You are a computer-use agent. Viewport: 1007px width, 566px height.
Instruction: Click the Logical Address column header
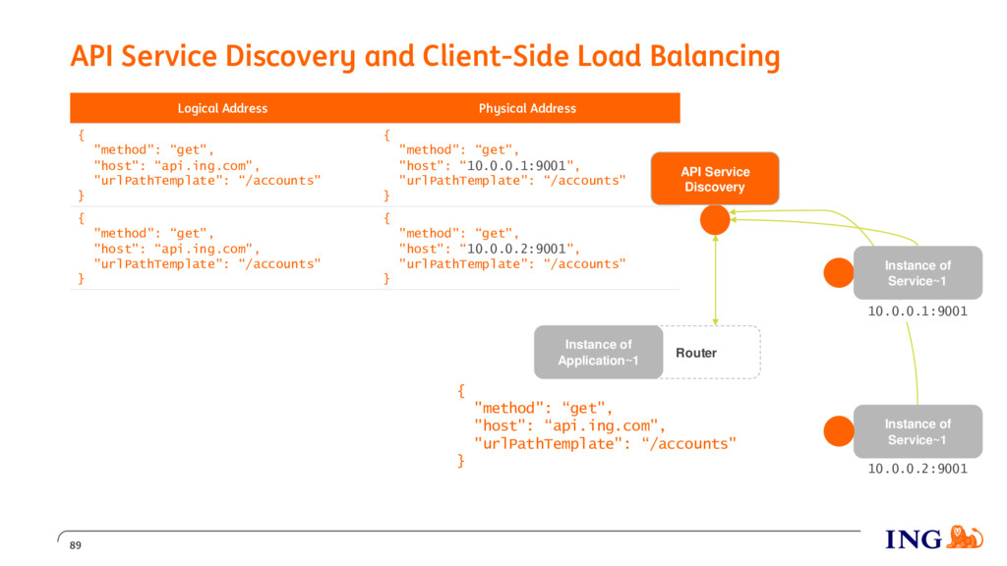point(222,108)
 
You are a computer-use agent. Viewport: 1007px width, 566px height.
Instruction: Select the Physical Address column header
point(527,108)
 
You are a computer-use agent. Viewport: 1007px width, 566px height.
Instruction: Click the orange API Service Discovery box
point(715,179)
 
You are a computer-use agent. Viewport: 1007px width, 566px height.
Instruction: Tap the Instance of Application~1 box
point(598,353)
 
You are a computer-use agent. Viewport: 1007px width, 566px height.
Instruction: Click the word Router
point(696,353)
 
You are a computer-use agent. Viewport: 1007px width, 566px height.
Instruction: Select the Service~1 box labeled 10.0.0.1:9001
point(918,273)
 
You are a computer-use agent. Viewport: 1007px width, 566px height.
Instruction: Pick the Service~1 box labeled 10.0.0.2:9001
point(918,431)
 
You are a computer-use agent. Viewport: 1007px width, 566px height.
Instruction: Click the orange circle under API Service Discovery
point(715,220)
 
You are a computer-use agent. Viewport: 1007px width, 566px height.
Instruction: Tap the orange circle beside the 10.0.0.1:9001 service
point(839,273)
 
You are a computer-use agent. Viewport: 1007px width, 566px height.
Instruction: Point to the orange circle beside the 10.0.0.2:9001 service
point(839,431)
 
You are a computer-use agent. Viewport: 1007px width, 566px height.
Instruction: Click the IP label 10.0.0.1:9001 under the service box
point(918,311)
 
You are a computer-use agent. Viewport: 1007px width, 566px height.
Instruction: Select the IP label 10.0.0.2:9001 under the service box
point(918,469)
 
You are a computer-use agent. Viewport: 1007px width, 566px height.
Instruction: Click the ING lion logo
point(966,538)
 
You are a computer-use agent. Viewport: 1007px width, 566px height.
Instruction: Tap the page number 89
point(75,545)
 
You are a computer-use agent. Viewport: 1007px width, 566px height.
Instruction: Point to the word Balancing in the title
point(715,56)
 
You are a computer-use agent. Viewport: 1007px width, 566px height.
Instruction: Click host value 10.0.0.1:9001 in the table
point(517,165)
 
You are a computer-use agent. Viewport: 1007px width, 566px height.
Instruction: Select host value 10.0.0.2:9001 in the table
point(517,249)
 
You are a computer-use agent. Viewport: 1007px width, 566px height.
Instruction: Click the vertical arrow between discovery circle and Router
point(716,280)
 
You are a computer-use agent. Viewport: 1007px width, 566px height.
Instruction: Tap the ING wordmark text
point(914,539)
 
